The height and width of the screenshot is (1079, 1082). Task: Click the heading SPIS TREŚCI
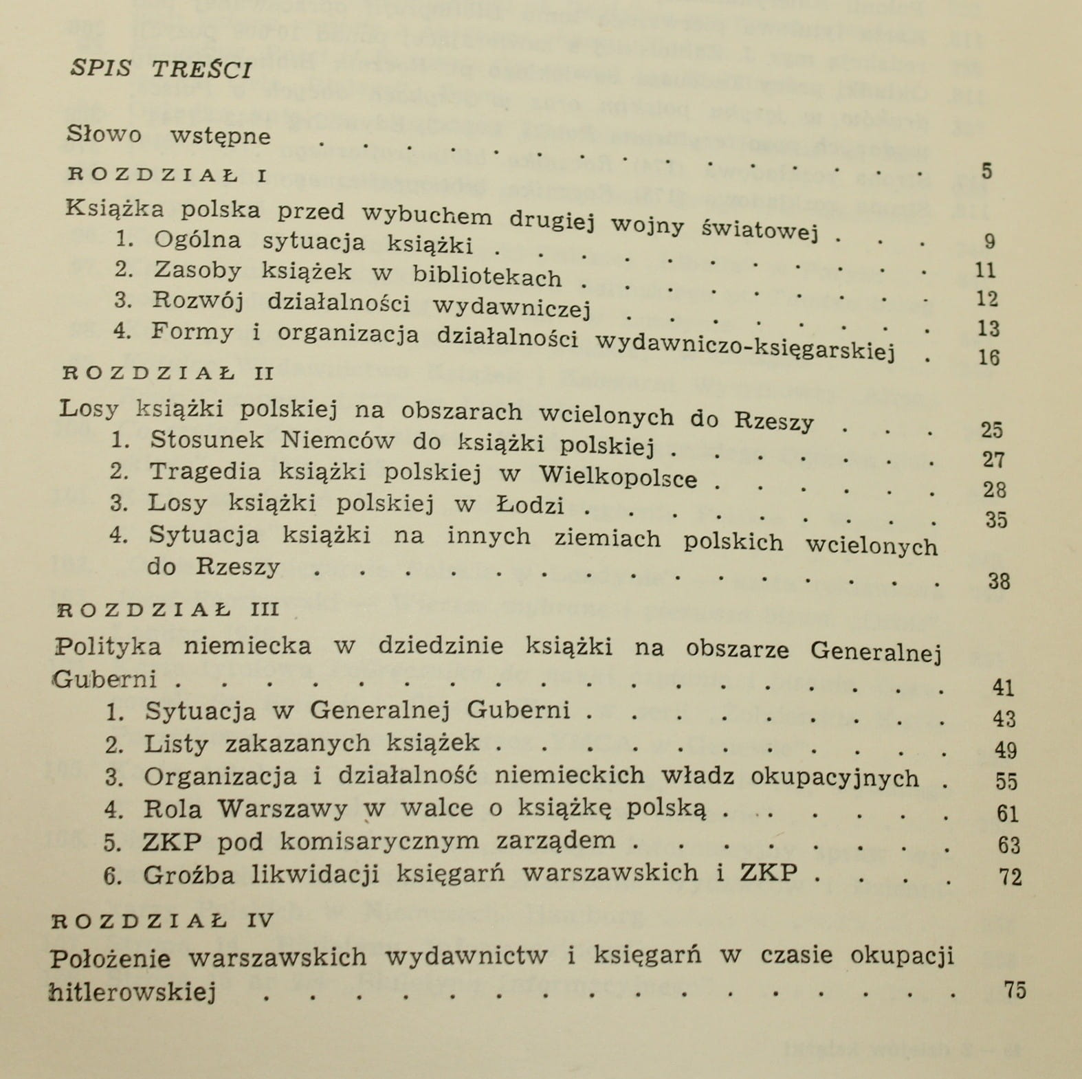161,69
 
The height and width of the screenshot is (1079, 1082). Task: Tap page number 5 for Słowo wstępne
986,171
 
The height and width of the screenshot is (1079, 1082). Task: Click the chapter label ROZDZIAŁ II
168,373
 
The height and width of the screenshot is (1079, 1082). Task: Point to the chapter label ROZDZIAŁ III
168,609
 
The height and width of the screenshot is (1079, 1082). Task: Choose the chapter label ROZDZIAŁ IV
164,921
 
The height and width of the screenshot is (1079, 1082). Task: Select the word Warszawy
283,808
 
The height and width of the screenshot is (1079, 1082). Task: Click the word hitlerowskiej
133,992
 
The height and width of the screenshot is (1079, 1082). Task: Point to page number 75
1014,990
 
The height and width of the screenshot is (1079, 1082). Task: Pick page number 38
998,581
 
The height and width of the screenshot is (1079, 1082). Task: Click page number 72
1010,876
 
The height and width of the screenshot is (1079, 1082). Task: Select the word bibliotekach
487,276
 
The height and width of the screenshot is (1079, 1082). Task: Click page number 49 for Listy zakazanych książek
1005,749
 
